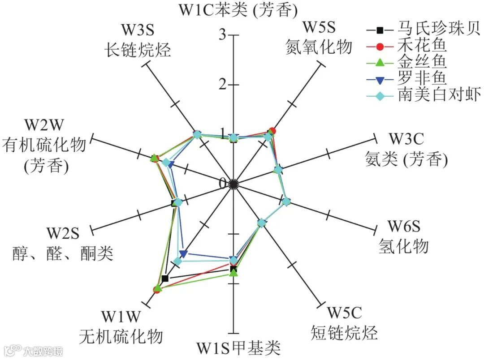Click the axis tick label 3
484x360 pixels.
pos(221,36)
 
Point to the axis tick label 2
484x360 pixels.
pos(221,85)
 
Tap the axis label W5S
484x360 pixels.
pos(319,27)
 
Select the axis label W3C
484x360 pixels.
pos(406,139)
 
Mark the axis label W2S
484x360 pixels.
pos(62,233)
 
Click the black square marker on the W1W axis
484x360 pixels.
pos(165,279)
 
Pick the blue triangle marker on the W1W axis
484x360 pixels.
pos(182,254)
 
